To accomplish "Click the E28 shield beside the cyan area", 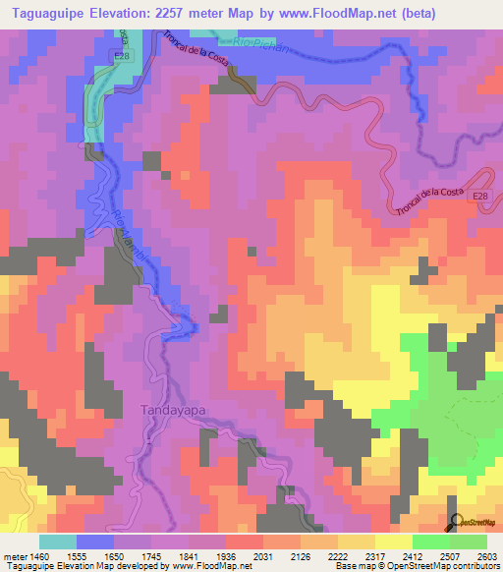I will click(x=121, y=58).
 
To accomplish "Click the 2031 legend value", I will click(x=260, y=556).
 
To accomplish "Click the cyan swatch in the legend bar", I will click(x=58, y=542).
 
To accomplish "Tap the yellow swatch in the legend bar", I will click(x=393, y=542).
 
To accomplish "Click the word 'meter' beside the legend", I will click(x=13, y=556).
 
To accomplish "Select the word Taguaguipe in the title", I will click(x=52, y=13).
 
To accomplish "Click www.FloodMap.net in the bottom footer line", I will click(x=210, y=567).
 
